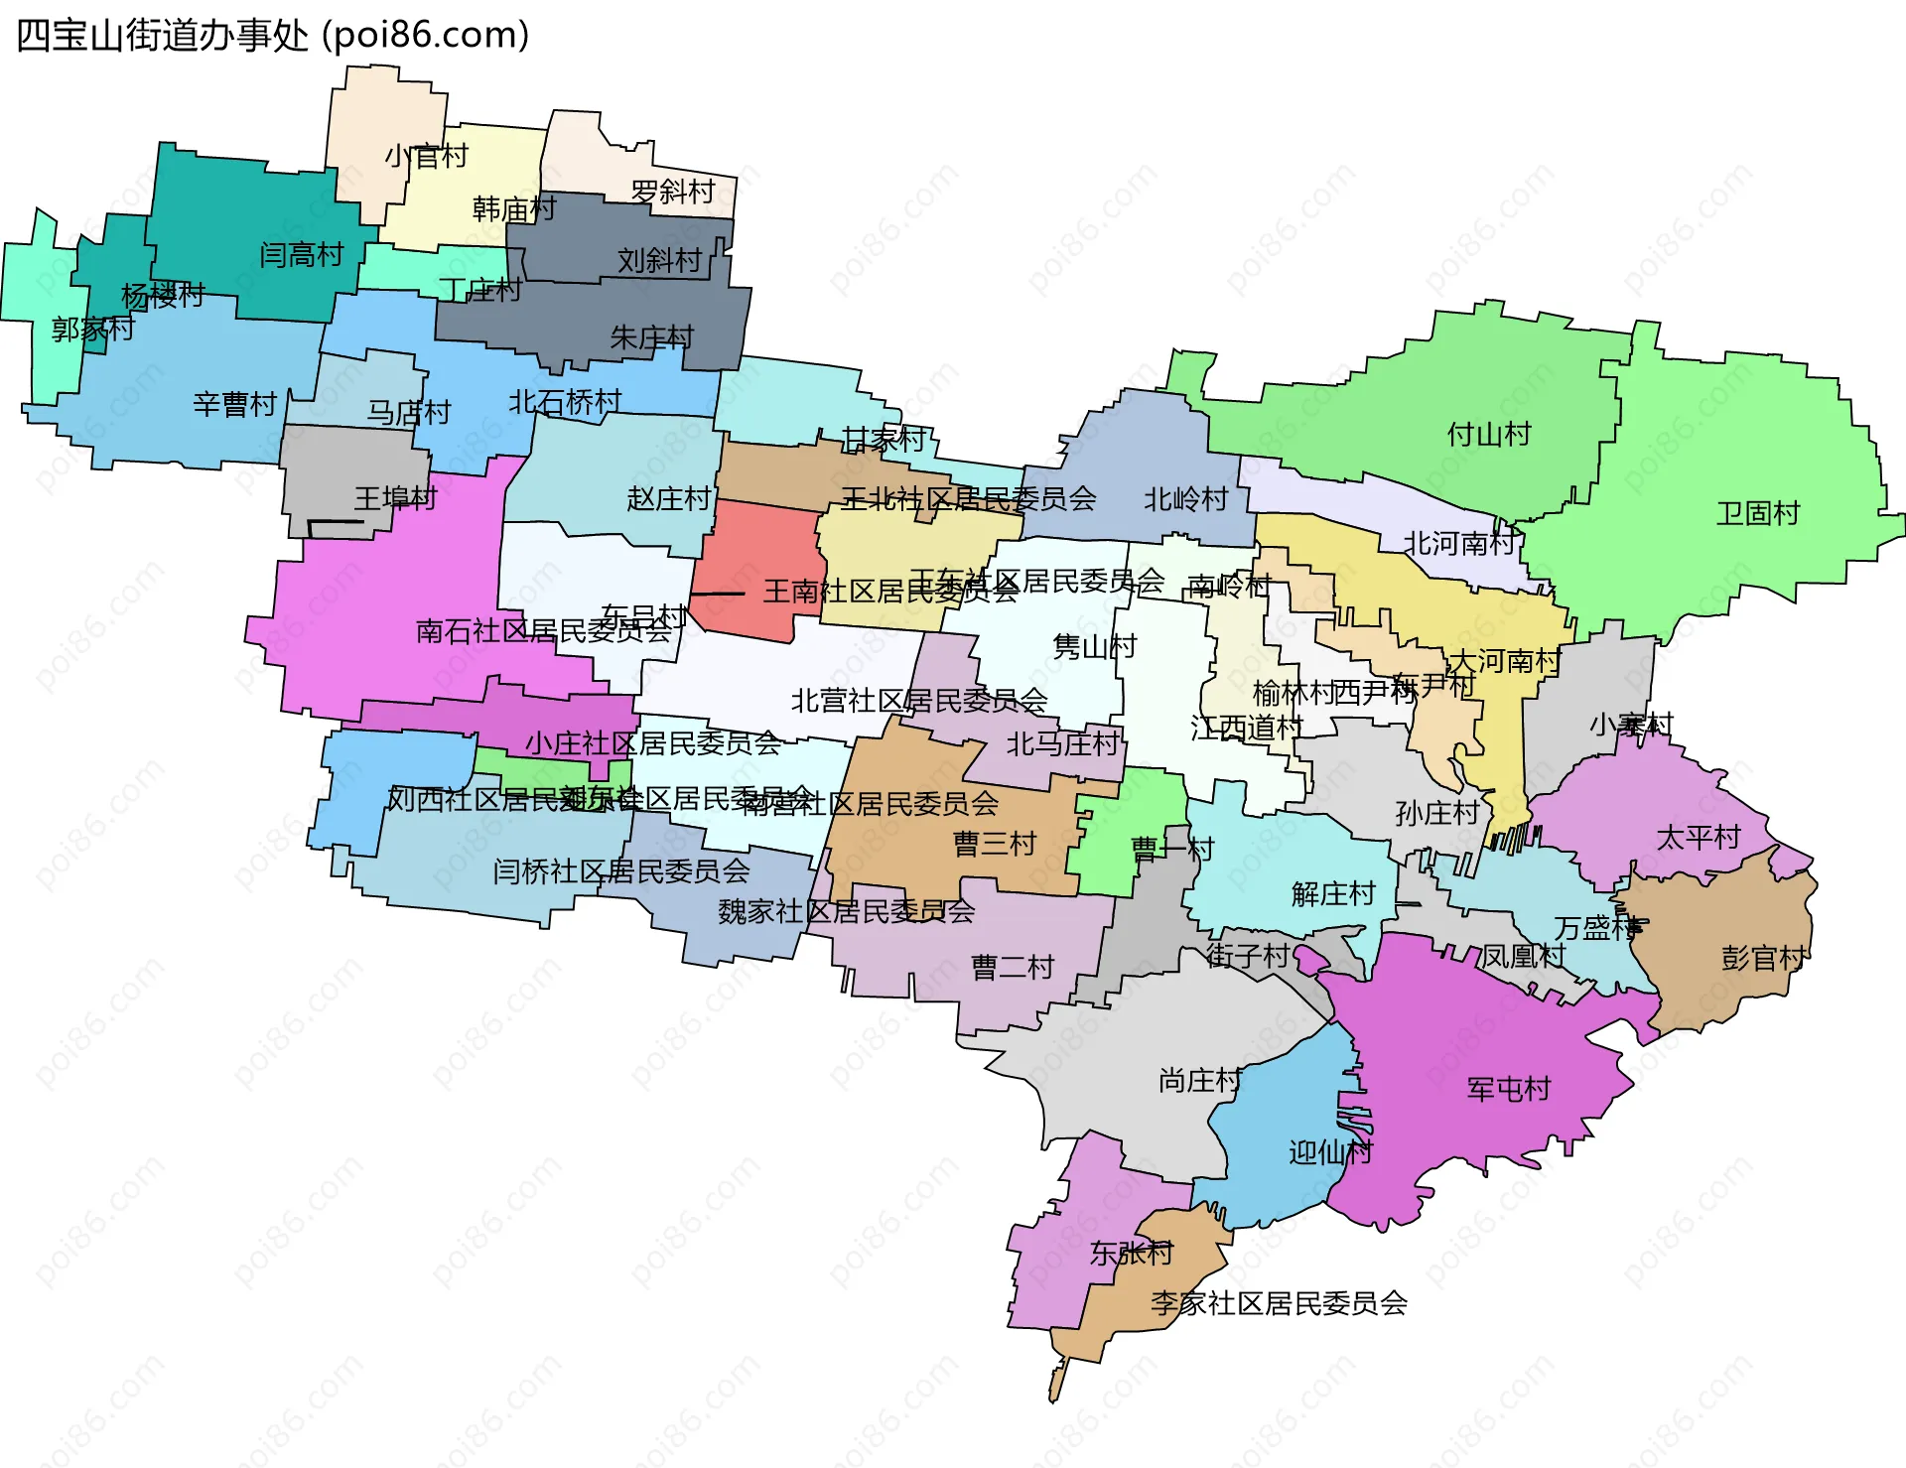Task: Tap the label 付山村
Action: click(x=1488, y=434)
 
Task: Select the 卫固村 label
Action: click(x=1757, y=513)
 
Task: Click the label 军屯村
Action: click(x=1508, y=1089)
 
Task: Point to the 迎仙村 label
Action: click(x=1330, y=1152)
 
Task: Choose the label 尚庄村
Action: click(x=1199, y=1080)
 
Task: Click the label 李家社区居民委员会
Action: click(x=1279, y=1303)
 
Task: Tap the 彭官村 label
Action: click(x=1763, y=958)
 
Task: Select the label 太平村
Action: click(x=1698, y=838)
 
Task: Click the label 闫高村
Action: click(x=301, y=255)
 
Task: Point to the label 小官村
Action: click(x=426, y=156)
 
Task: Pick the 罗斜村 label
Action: click(x=673, y=191)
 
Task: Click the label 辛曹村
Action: click(x=234, y=404)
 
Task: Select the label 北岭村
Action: click(x=1185, y=499)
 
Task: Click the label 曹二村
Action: click(x=1012, y=967)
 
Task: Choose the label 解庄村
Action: click(x=1332, y=894)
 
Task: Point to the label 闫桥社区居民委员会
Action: click(x=620, y=871)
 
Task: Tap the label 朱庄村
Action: click(x=651, y=337)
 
